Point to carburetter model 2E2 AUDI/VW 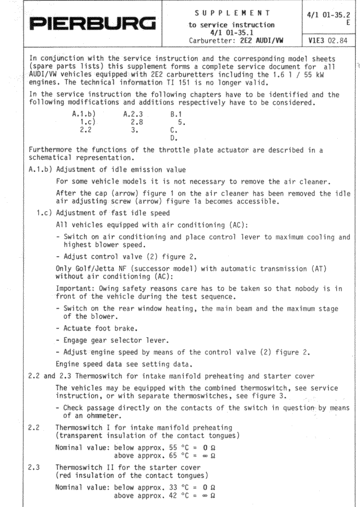[267, 39]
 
